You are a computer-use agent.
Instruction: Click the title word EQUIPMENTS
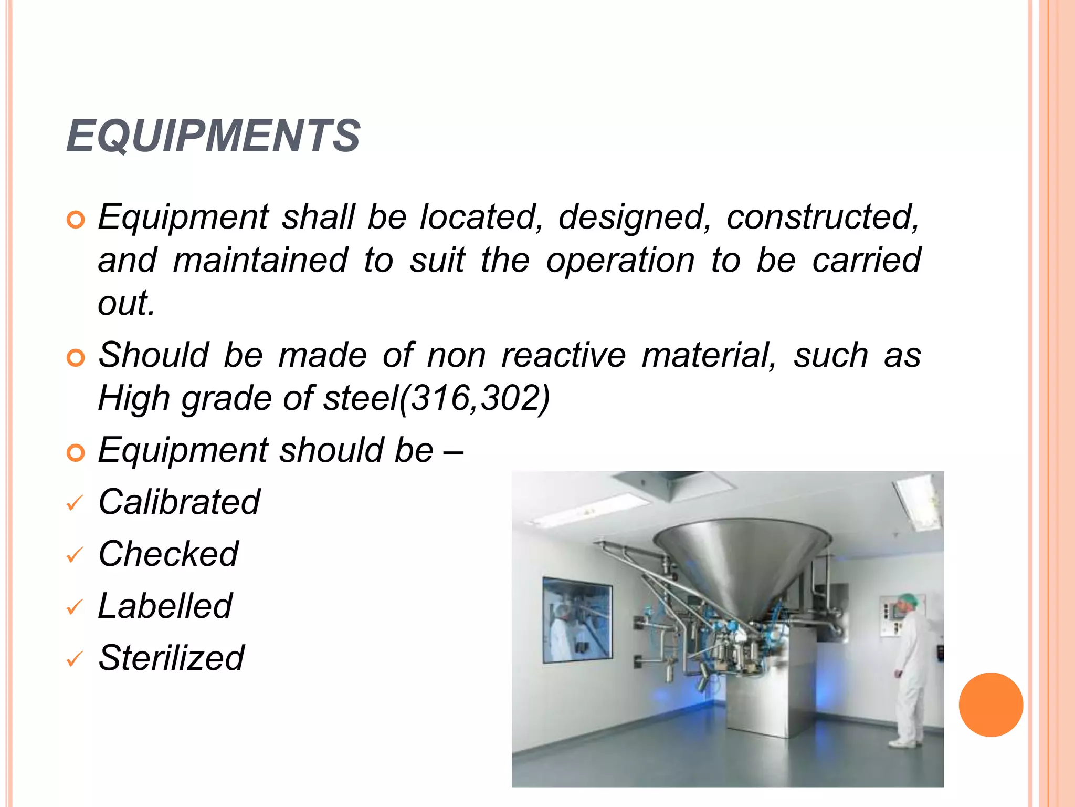tap(213, 136)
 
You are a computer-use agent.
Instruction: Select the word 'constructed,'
tap(823, 216)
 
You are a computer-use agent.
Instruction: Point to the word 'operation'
tap(620, 260)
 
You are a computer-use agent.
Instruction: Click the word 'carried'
tap(866, 260)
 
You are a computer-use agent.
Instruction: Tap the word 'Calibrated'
tap(179, 502)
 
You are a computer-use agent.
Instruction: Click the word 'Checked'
tap(168, 554)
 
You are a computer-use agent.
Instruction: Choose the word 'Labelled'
tap(165, 606)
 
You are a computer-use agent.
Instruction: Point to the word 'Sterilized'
tap(171, 658)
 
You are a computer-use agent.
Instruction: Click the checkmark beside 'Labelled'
tap(75, 607)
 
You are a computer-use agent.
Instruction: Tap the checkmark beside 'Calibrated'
tap(75, 503)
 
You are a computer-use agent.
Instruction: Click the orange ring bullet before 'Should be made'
tap(76, 358)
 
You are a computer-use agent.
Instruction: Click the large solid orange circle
tap(990, 705)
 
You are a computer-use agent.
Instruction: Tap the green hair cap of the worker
tap(907, 599)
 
